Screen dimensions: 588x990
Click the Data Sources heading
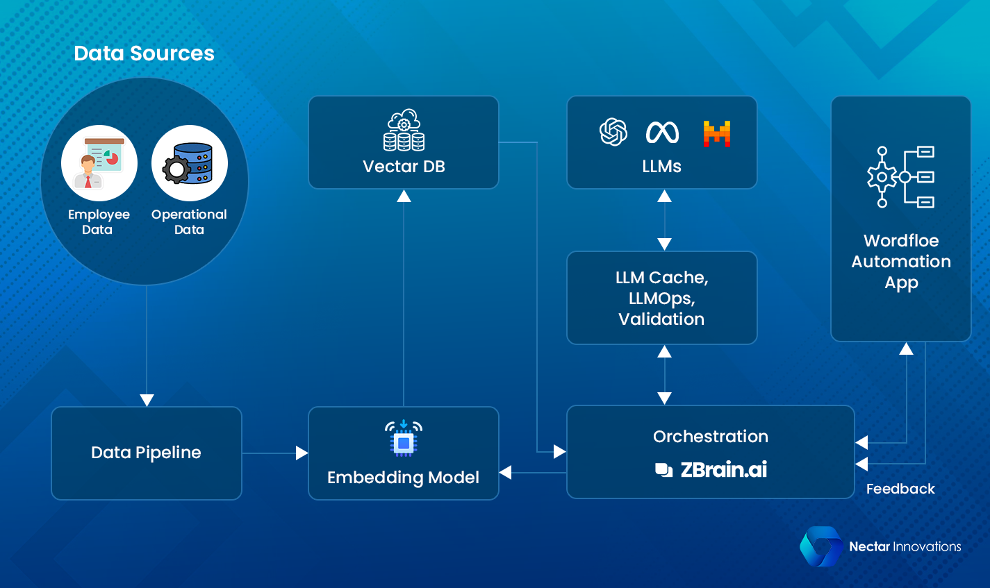pos(144,53)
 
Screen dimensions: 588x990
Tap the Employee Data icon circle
pos(99,163)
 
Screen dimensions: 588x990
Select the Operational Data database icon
pos(189,163)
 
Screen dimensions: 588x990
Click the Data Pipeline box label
pos(146,453)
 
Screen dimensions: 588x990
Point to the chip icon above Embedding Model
pos(404,439)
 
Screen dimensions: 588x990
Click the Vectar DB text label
pos(404,167)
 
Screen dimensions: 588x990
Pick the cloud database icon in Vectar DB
pos(404,131)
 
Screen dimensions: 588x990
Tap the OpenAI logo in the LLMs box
pos(613,132)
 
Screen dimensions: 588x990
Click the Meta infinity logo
pos(662,132)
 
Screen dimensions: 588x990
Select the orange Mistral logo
pos(717,133)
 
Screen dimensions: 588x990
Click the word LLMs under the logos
pos(661,167)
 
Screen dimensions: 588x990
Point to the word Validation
pos(661,319)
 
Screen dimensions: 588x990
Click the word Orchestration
pos(710,437)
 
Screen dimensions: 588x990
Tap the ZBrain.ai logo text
pos(723,470)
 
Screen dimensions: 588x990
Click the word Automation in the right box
pos(901,262)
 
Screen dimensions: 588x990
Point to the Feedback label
pos(900,489)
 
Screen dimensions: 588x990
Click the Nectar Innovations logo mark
pos(820,546)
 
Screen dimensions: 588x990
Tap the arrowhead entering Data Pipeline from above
pos(147,400)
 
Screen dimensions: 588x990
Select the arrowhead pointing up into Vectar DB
pos(404,196)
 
